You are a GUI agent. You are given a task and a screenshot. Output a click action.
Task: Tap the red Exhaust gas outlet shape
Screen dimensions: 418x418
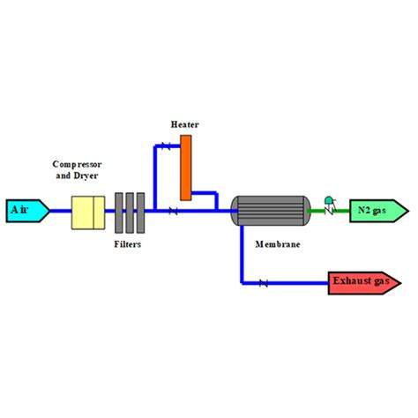pyautogui.click(x=362, y=282)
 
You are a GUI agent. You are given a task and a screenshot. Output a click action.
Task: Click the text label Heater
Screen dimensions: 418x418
pyautogui.click(x=185, y=124)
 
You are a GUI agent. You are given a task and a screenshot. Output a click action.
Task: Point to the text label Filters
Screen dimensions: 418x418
pyautogui.click(x=129, y=243)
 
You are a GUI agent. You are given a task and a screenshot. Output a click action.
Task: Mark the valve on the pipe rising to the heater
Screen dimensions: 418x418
pyautogui.click(x=165, y=146)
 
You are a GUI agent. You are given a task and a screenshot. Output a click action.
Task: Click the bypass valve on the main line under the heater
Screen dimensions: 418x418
pyautogui.click(x=173, y=211)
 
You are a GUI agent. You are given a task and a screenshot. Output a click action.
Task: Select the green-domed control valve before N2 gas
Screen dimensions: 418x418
pyautogui.click(x=329, y=207)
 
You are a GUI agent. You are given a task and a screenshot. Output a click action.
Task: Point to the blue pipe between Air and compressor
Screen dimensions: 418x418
pyautogui.click(x=60, y=211)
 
